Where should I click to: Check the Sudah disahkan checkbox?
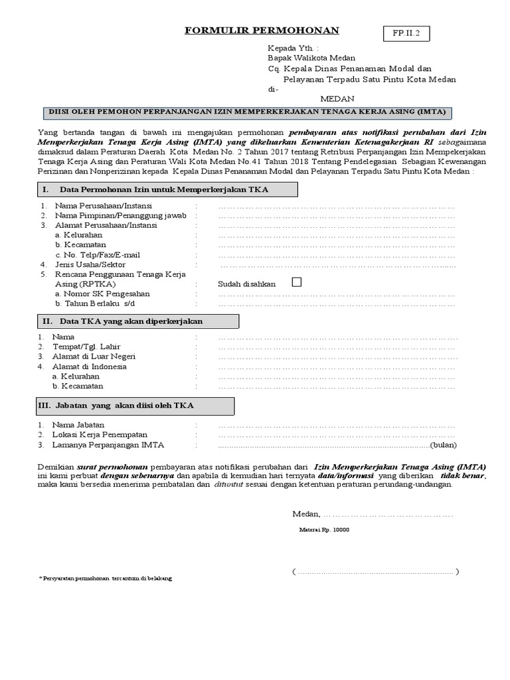click(x=296, y=282)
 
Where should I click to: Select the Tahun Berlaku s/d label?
click(x=99, y=303)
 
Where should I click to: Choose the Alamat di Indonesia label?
click(x=91, y=367)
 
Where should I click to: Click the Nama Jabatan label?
click(x=80, y=425)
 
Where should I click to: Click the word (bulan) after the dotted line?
click(x=444, y=444)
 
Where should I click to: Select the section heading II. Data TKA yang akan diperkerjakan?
click(x=137, y=321)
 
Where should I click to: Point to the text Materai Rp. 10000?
click(x=325, y=530)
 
